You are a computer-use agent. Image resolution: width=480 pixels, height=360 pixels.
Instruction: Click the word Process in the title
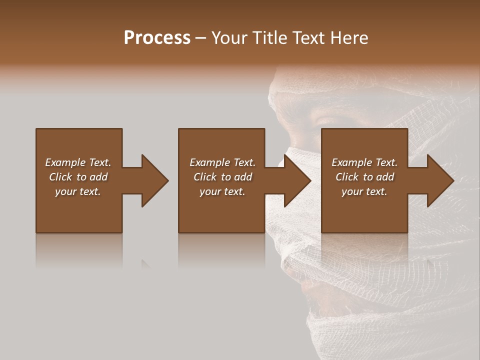pyautogui.click(x=157, y=38)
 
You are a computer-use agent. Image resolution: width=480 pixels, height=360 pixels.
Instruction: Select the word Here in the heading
pyautogui.click(x=349, y=38)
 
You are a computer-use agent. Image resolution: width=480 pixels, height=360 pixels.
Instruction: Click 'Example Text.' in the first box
pyautogui.click(x=78, y=162)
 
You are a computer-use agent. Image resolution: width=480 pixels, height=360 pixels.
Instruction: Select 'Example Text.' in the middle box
pyautogui.click(x=222, y=162)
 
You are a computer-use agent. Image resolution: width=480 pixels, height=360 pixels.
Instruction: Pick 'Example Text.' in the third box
pyautogui.click(x=364, y=162)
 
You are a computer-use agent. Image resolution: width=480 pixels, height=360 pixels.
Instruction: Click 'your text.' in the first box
pyautogui.click(x=78, y=191)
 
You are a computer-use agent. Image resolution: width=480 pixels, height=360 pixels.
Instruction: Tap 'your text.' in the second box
pyautogui.click(x=222, y=191)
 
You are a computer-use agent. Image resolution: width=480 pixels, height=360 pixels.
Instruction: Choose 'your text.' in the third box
pyautogui.click(x=364, y=191)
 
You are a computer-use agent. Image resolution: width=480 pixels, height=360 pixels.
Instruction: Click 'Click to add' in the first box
pyautogui.click(x=78, y=177)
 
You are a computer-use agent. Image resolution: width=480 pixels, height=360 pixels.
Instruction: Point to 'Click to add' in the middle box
pyautogui.click(x=222, y=177)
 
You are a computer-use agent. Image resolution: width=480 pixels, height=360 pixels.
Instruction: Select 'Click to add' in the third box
pyautogui.click(x=364, y=177)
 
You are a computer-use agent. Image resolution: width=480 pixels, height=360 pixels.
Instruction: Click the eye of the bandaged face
pyautogui.click(x=325, y=120)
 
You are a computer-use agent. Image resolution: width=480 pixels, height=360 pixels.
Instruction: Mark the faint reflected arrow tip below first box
pyautogui.click(x=145, y=263)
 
